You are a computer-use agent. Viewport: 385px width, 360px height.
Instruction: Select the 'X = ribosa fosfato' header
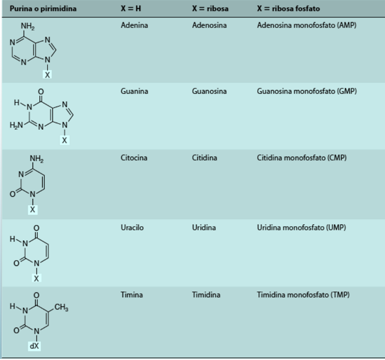(288, 9)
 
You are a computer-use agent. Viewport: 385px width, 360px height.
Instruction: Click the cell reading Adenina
(134, 25)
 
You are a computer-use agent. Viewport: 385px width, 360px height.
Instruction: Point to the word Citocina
(135, 158)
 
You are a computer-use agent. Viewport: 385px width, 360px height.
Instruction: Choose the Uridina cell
(204, 228)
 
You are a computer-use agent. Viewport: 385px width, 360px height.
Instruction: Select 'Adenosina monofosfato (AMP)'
(307, 25)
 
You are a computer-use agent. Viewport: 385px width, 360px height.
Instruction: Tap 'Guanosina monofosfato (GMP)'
(306, 91)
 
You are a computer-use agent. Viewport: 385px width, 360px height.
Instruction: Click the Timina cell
(131, 295)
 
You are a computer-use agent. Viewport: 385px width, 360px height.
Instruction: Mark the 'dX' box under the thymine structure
(34, 346)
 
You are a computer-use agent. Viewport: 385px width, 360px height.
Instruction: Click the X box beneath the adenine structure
(47, 74)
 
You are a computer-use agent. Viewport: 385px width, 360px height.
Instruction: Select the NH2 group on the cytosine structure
(36, 159)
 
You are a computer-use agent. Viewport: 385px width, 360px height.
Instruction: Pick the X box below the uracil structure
(37, 278)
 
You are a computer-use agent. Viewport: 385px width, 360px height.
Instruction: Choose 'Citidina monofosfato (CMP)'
(302, 158)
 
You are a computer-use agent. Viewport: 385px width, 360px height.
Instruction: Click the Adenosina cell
(209, 25)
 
